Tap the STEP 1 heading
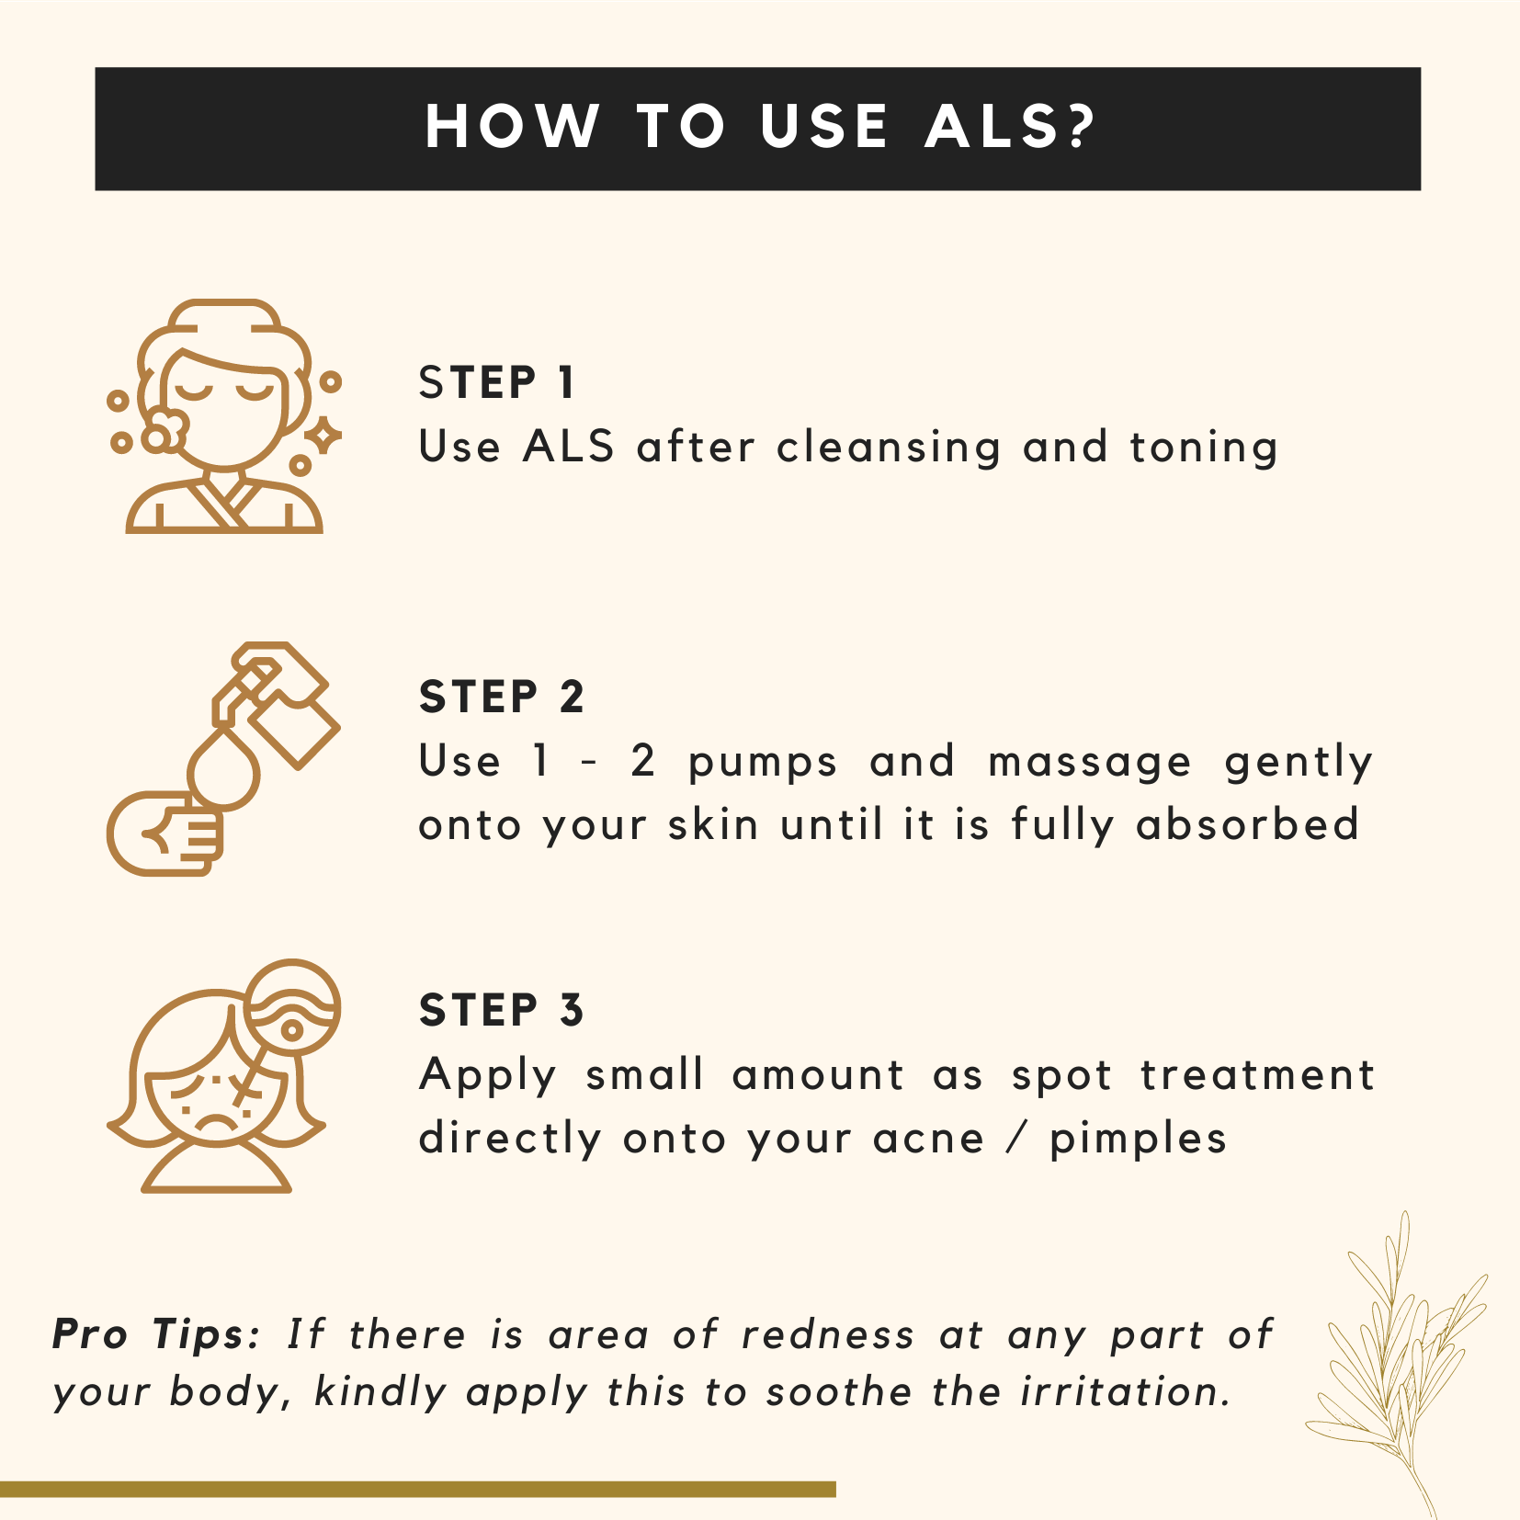(x=497, y=382)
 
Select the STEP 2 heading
(x=502, y=697)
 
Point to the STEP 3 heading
(x=502, y=1010)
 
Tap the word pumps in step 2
(x=763, y=764)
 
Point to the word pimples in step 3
(x=1138, y=1140)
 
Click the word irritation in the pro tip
(x=1125, y=1392)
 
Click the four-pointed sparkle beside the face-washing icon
(x=323, y=436)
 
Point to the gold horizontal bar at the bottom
(x=418, y=1489)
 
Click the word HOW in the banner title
(x=512, y=126)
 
